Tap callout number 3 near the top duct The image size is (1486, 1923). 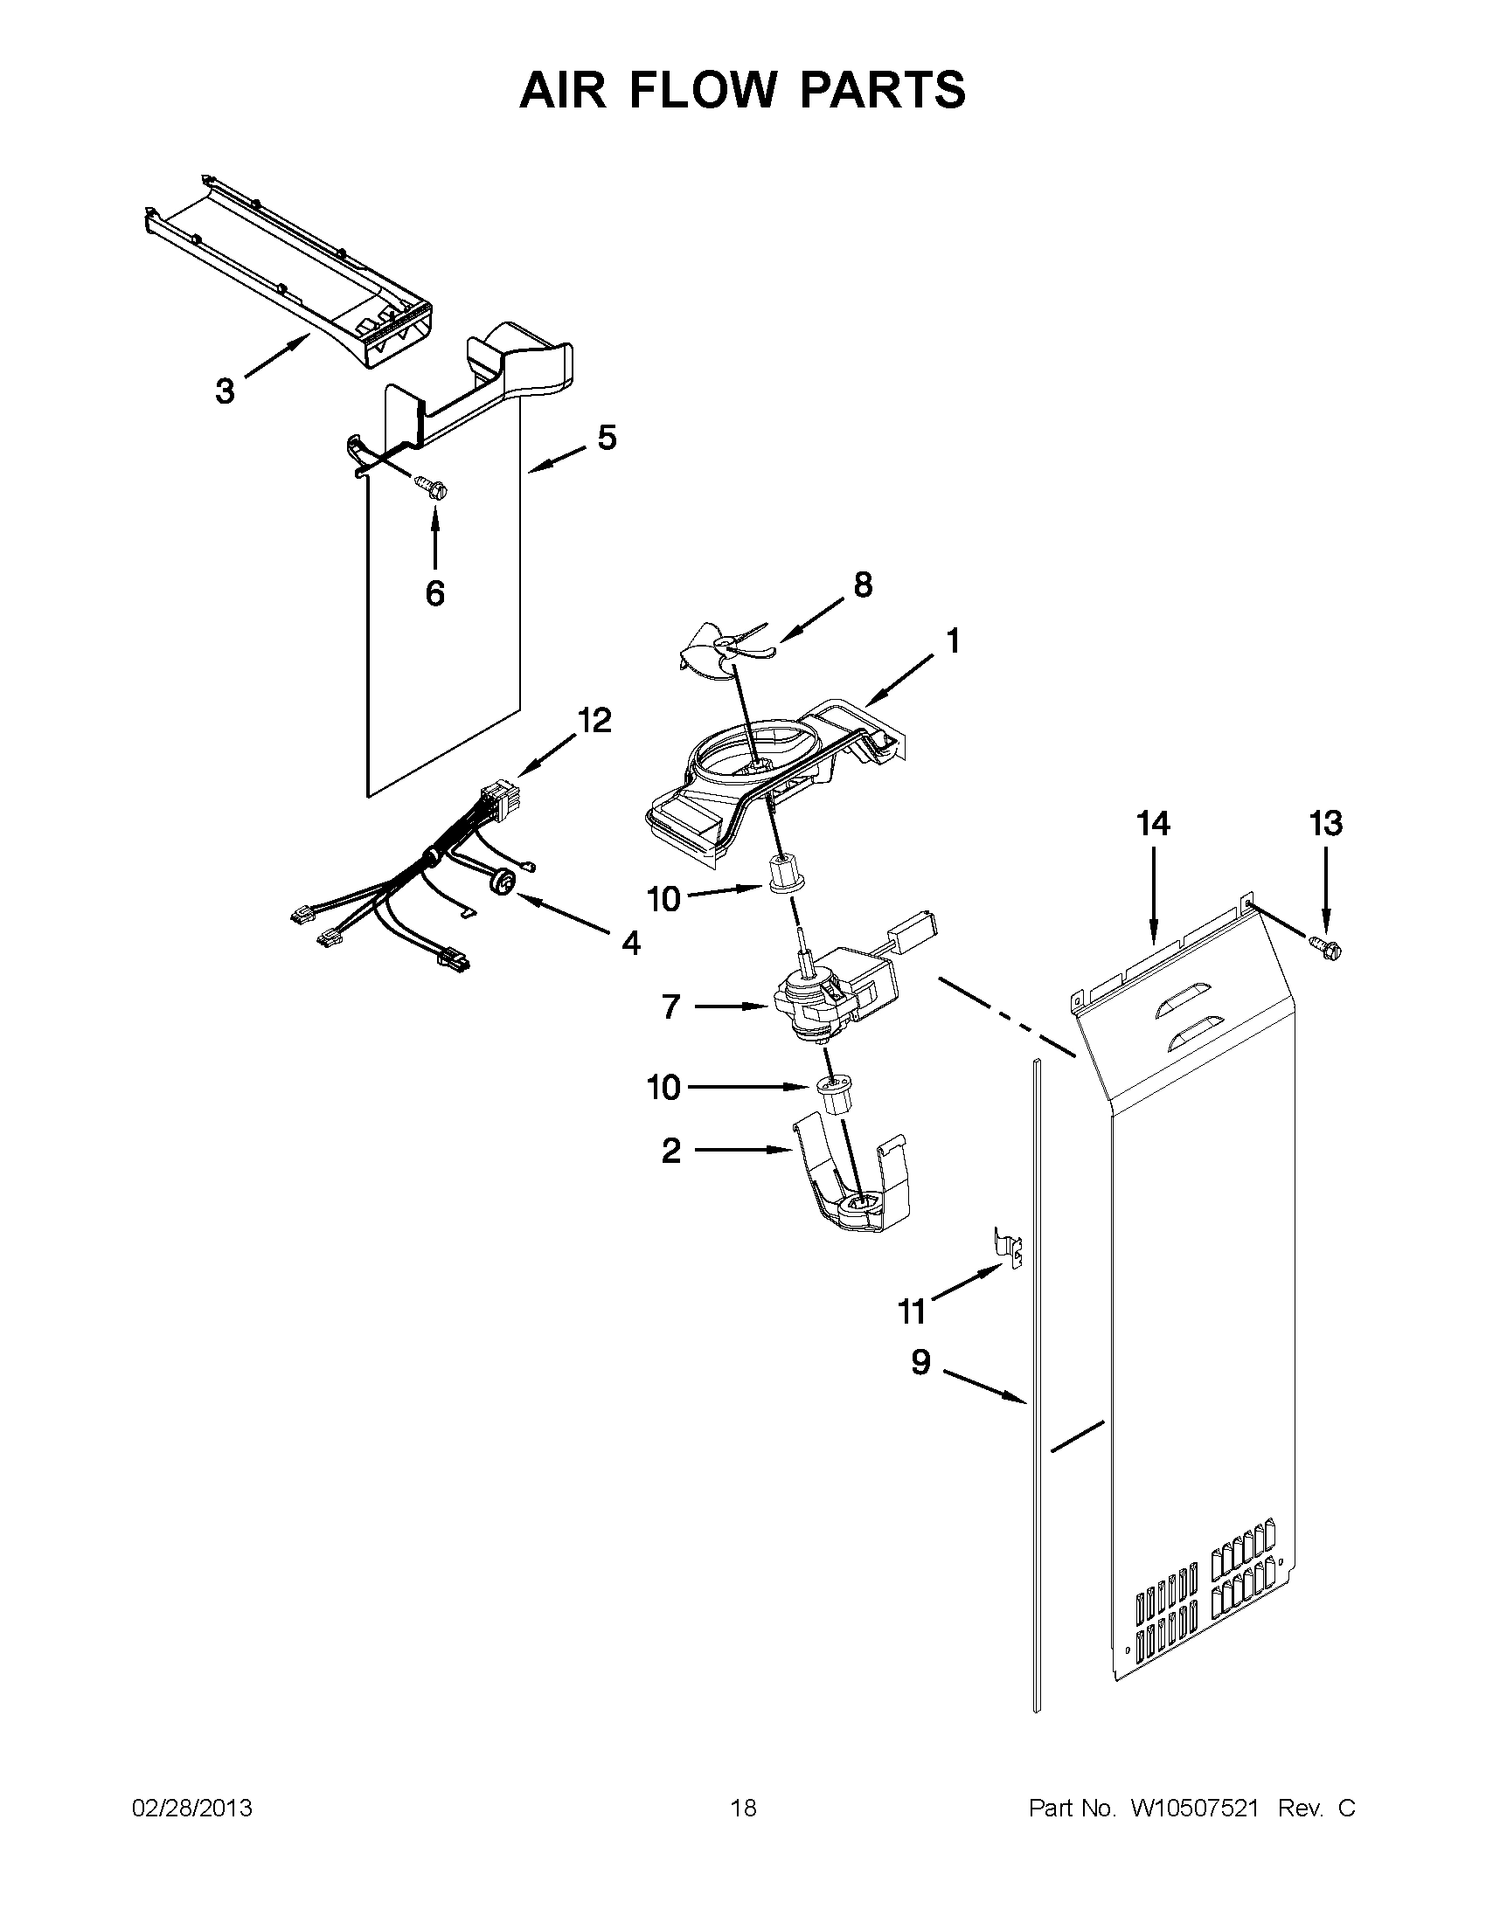[226, 390]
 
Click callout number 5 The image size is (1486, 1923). [607, 438]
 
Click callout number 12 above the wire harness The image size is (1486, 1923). [594, 720]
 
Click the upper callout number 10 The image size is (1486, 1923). [664, 899]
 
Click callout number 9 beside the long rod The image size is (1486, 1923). [920, 1363]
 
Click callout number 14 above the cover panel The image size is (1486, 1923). [1153, 824]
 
